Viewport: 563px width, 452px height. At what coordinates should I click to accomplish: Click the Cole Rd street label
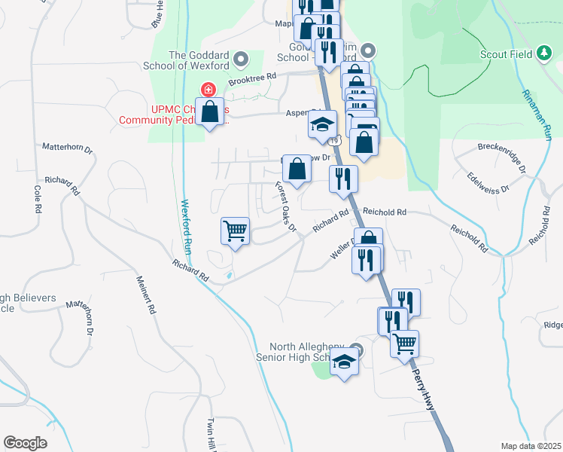click(36, 198)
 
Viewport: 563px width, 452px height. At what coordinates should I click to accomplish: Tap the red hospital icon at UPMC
click(203, 89)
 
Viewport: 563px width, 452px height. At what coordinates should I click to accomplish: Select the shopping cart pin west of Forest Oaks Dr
click(236, 231)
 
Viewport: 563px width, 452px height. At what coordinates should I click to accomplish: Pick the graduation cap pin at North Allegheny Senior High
click(344, 362)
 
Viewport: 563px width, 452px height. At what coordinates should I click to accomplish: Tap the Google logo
click(26, 443)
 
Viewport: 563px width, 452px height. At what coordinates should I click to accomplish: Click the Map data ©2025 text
click(531, 446)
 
